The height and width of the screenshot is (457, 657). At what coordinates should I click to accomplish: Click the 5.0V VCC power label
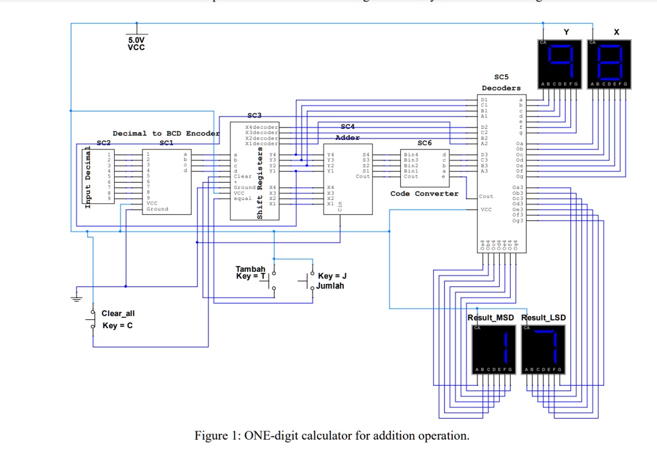(136, 43)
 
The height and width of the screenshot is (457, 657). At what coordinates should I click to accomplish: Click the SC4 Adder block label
(348, 132)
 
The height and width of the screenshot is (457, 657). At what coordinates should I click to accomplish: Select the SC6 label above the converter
(424, 143)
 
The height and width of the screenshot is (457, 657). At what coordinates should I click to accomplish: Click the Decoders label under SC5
(501, 88)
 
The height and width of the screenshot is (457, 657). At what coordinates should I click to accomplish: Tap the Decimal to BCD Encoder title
(166, 133)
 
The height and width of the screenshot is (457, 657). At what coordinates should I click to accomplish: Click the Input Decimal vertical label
(89, 178)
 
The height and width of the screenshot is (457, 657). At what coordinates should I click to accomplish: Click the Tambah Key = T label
(250, 272)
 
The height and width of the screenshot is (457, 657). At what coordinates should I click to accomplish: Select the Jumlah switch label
(329, 286)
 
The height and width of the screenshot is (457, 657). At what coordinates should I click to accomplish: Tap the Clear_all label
(118, 313)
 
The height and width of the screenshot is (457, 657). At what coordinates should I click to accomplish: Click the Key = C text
(118, 326)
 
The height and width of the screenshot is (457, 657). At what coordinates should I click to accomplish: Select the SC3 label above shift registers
(255, 115)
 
